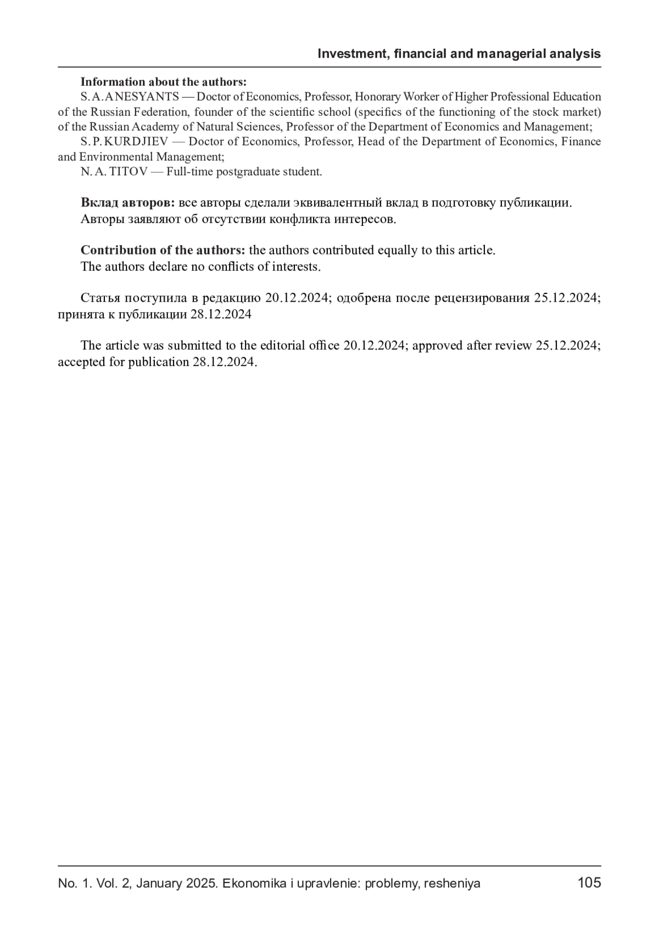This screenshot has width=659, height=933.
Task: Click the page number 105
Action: pyautogui.click(x=589, y=883)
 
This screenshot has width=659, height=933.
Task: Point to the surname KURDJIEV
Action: pyautogui.click(x=136, y=142)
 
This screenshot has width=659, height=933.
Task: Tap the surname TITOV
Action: pyautogui.click(x=129, y=172)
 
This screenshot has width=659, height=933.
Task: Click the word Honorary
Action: pyautogui.click(x=377, y=97)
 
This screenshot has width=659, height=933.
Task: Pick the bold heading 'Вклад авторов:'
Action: pyautogui.click(x=127, y=203)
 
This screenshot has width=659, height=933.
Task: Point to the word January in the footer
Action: pyautogui.click(x=159, y=884)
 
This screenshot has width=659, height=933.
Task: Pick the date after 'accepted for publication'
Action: pyautogui.click(x=225, y=363)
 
